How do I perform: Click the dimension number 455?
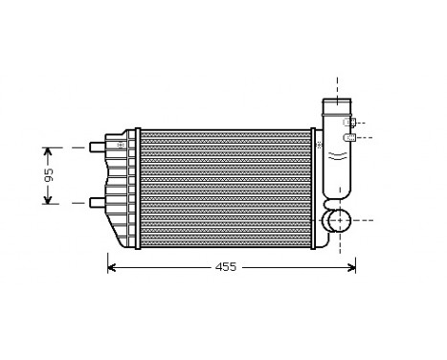[223, 267]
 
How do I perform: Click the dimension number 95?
[49, 175]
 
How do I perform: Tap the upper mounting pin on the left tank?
[97, 147]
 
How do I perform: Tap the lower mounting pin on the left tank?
[97, 202]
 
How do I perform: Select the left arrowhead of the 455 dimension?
[111, 267]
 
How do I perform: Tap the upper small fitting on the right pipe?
[350, 123]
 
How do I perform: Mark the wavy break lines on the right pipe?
[336, 153]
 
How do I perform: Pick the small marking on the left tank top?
[121, 142]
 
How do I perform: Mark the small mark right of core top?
[319, 145]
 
